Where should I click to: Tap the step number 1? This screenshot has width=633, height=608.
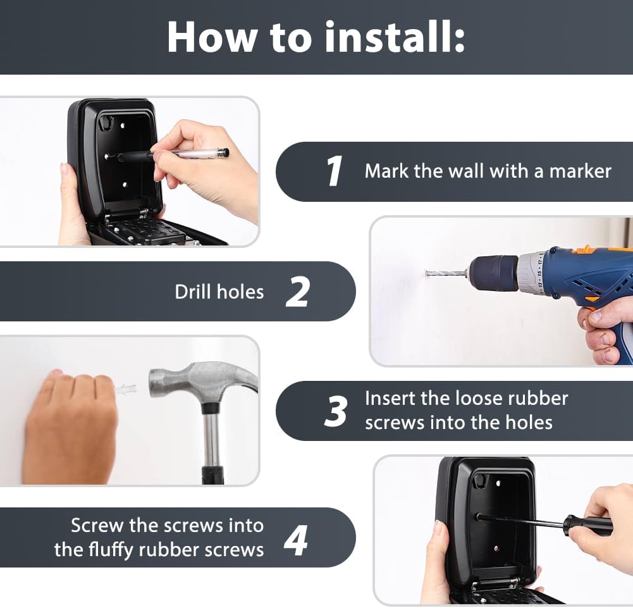335,171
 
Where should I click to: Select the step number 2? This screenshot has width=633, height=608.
297,292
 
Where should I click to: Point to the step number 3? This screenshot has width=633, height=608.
336,411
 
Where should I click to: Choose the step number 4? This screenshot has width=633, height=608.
296,540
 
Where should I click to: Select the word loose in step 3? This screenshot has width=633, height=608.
478,399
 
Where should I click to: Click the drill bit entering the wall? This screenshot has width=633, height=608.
446,273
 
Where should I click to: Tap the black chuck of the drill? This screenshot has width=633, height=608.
494,273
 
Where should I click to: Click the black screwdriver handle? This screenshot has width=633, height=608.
588,526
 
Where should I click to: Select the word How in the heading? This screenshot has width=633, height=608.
212,37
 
